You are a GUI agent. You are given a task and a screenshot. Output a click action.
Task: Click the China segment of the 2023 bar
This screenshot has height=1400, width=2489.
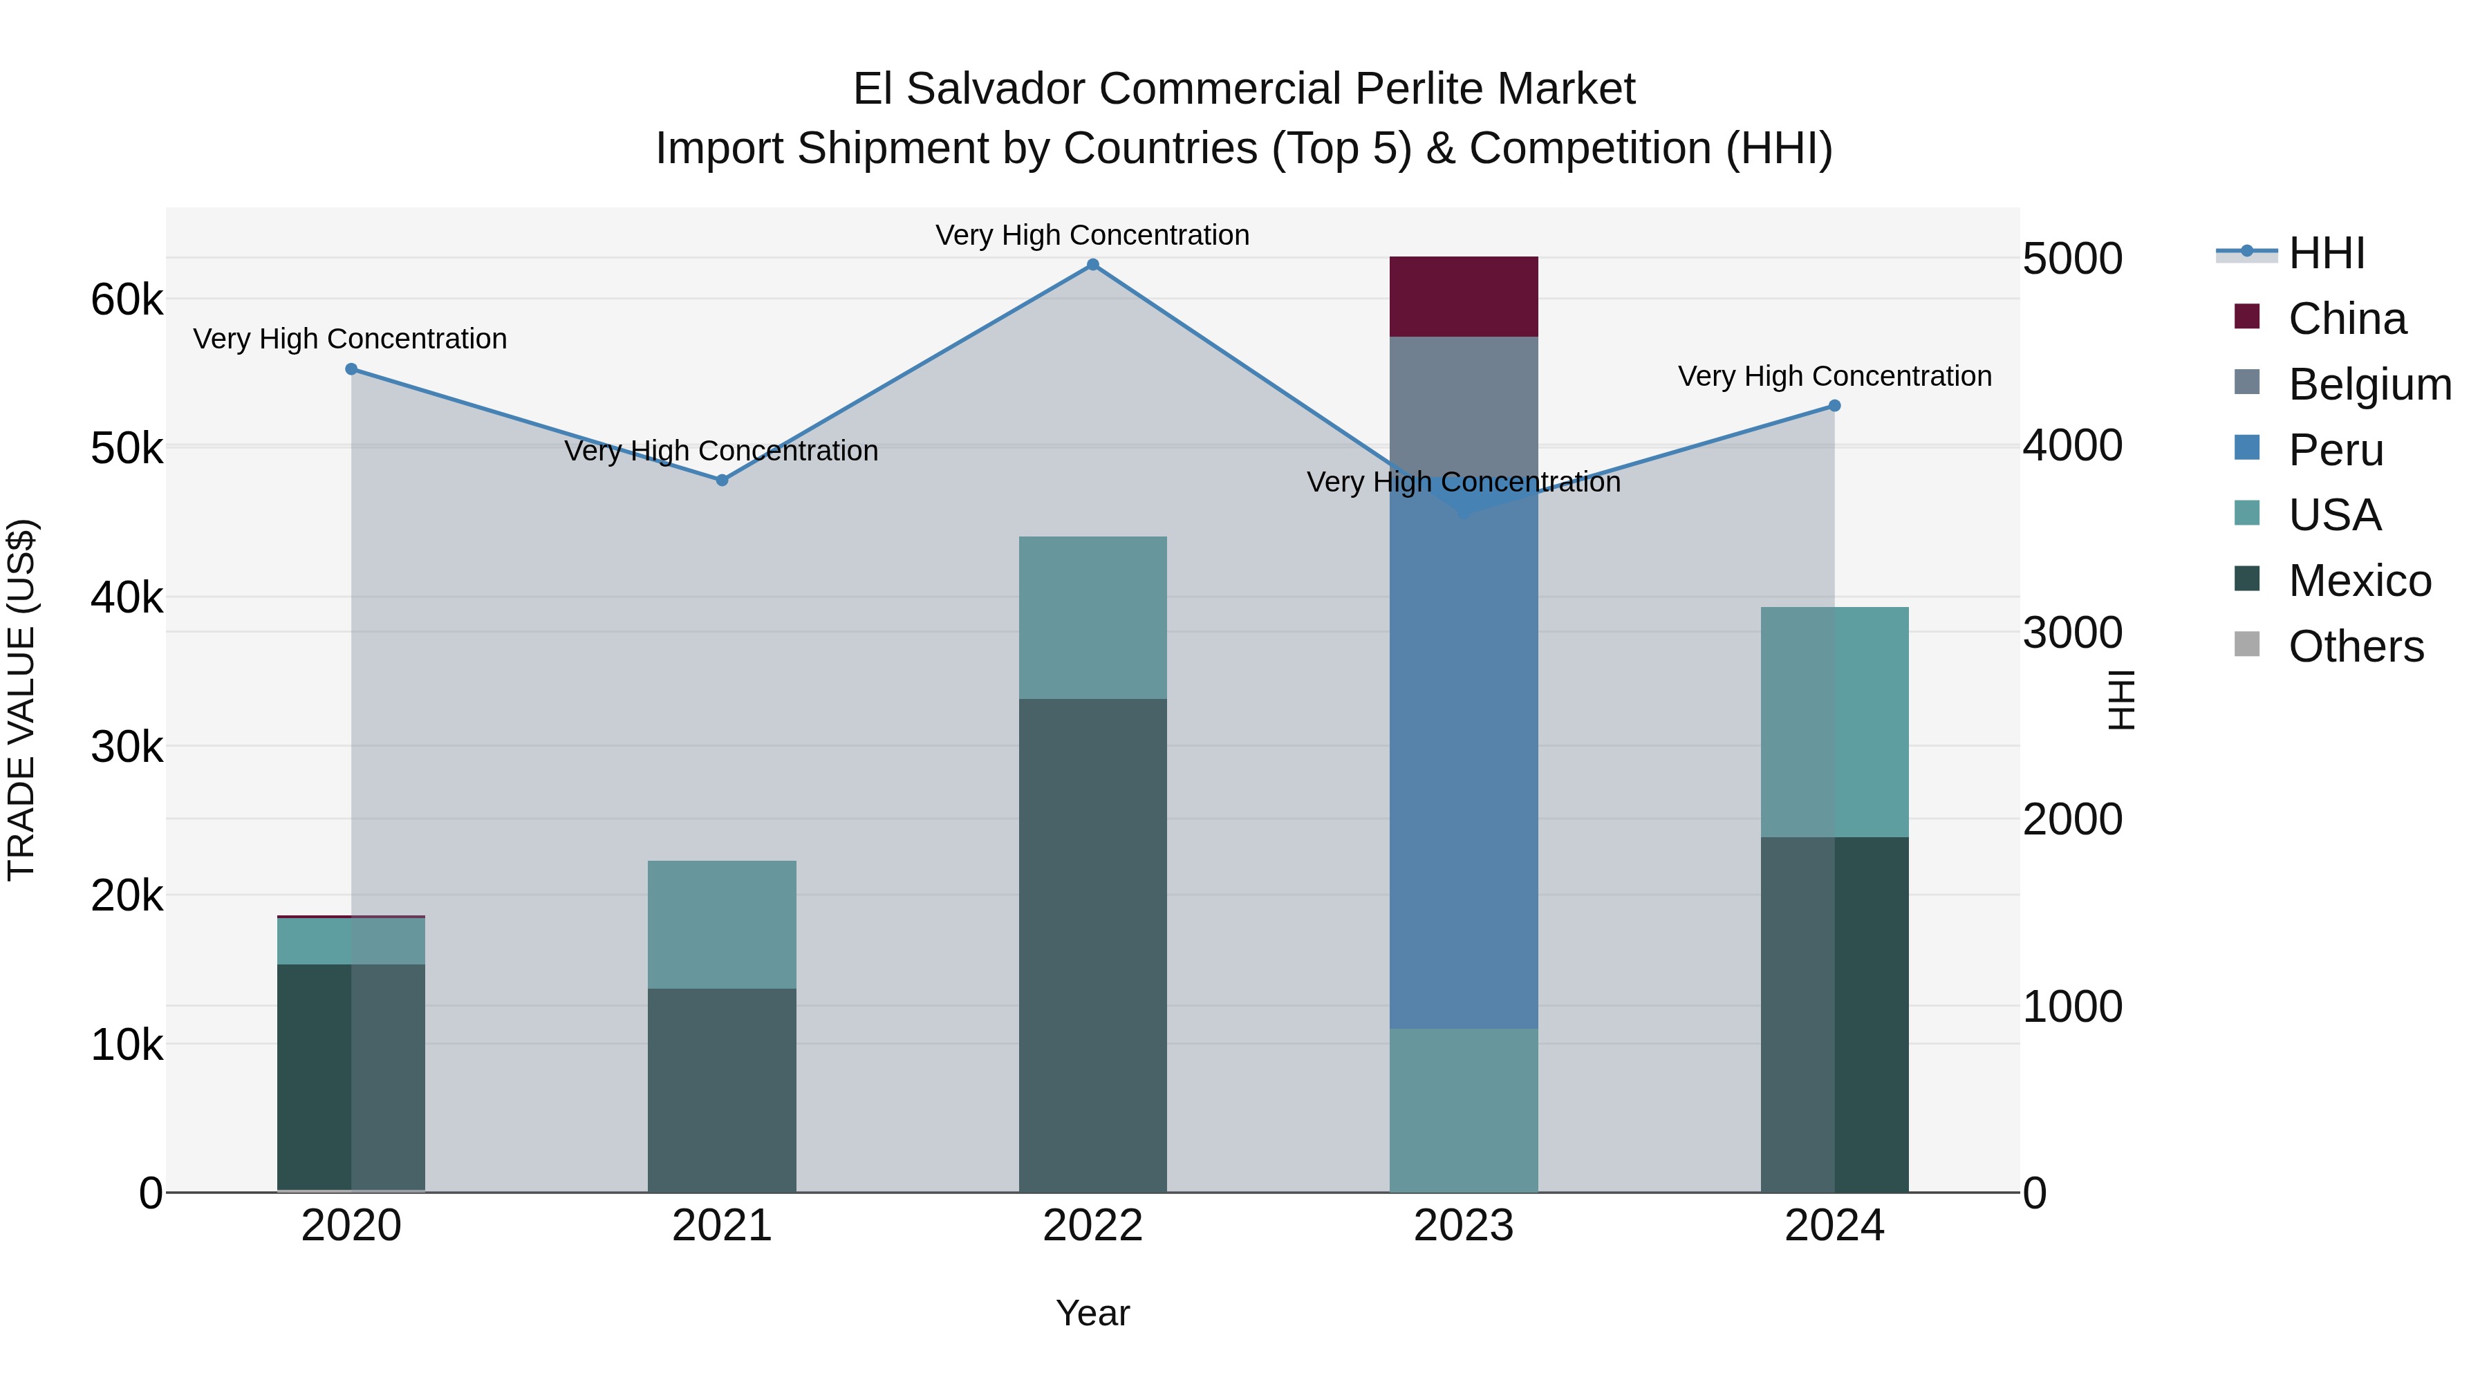tap(1463, 297)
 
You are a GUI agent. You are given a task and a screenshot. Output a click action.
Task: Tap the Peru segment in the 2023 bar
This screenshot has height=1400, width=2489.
tap(1463, 773)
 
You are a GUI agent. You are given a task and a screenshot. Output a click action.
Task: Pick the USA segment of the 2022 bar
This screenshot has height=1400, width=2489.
tap(1093, 617)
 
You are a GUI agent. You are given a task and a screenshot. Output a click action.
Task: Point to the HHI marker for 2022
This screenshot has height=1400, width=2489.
tap(1093, 265)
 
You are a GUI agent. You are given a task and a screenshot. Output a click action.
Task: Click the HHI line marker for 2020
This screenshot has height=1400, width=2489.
tap(352, 369)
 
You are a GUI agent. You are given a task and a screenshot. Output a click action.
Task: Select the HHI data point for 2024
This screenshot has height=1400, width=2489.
tap(1834, 406)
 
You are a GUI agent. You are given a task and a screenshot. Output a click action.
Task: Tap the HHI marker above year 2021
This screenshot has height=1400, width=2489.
tap(722, 480)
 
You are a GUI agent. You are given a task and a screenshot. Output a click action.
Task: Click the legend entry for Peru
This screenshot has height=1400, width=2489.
tap(2336, 450)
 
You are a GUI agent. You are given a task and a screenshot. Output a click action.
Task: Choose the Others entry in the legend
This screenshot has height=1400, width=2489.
tap(2356, 646)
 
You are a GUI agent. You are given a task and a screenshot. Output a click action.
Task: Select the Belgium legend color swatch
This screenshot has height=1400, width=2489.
tap(2248, 382)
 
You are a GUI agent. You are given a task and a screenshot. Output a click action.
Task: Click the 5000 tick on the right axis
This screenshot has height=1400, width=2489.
tap(2073, 259)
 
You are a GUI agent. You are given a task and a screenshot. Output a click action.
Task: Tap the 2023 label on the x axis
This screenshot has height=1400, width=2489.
tap(1463, 1226)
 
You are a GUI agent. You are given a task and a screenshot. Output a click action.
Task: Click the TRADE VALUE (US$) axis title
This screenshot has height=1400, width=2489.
tap(22, 700)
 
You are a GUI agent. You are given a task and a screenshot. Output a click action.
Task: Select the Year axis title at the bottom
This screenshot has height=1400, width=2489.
tap(1093, 1313)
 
